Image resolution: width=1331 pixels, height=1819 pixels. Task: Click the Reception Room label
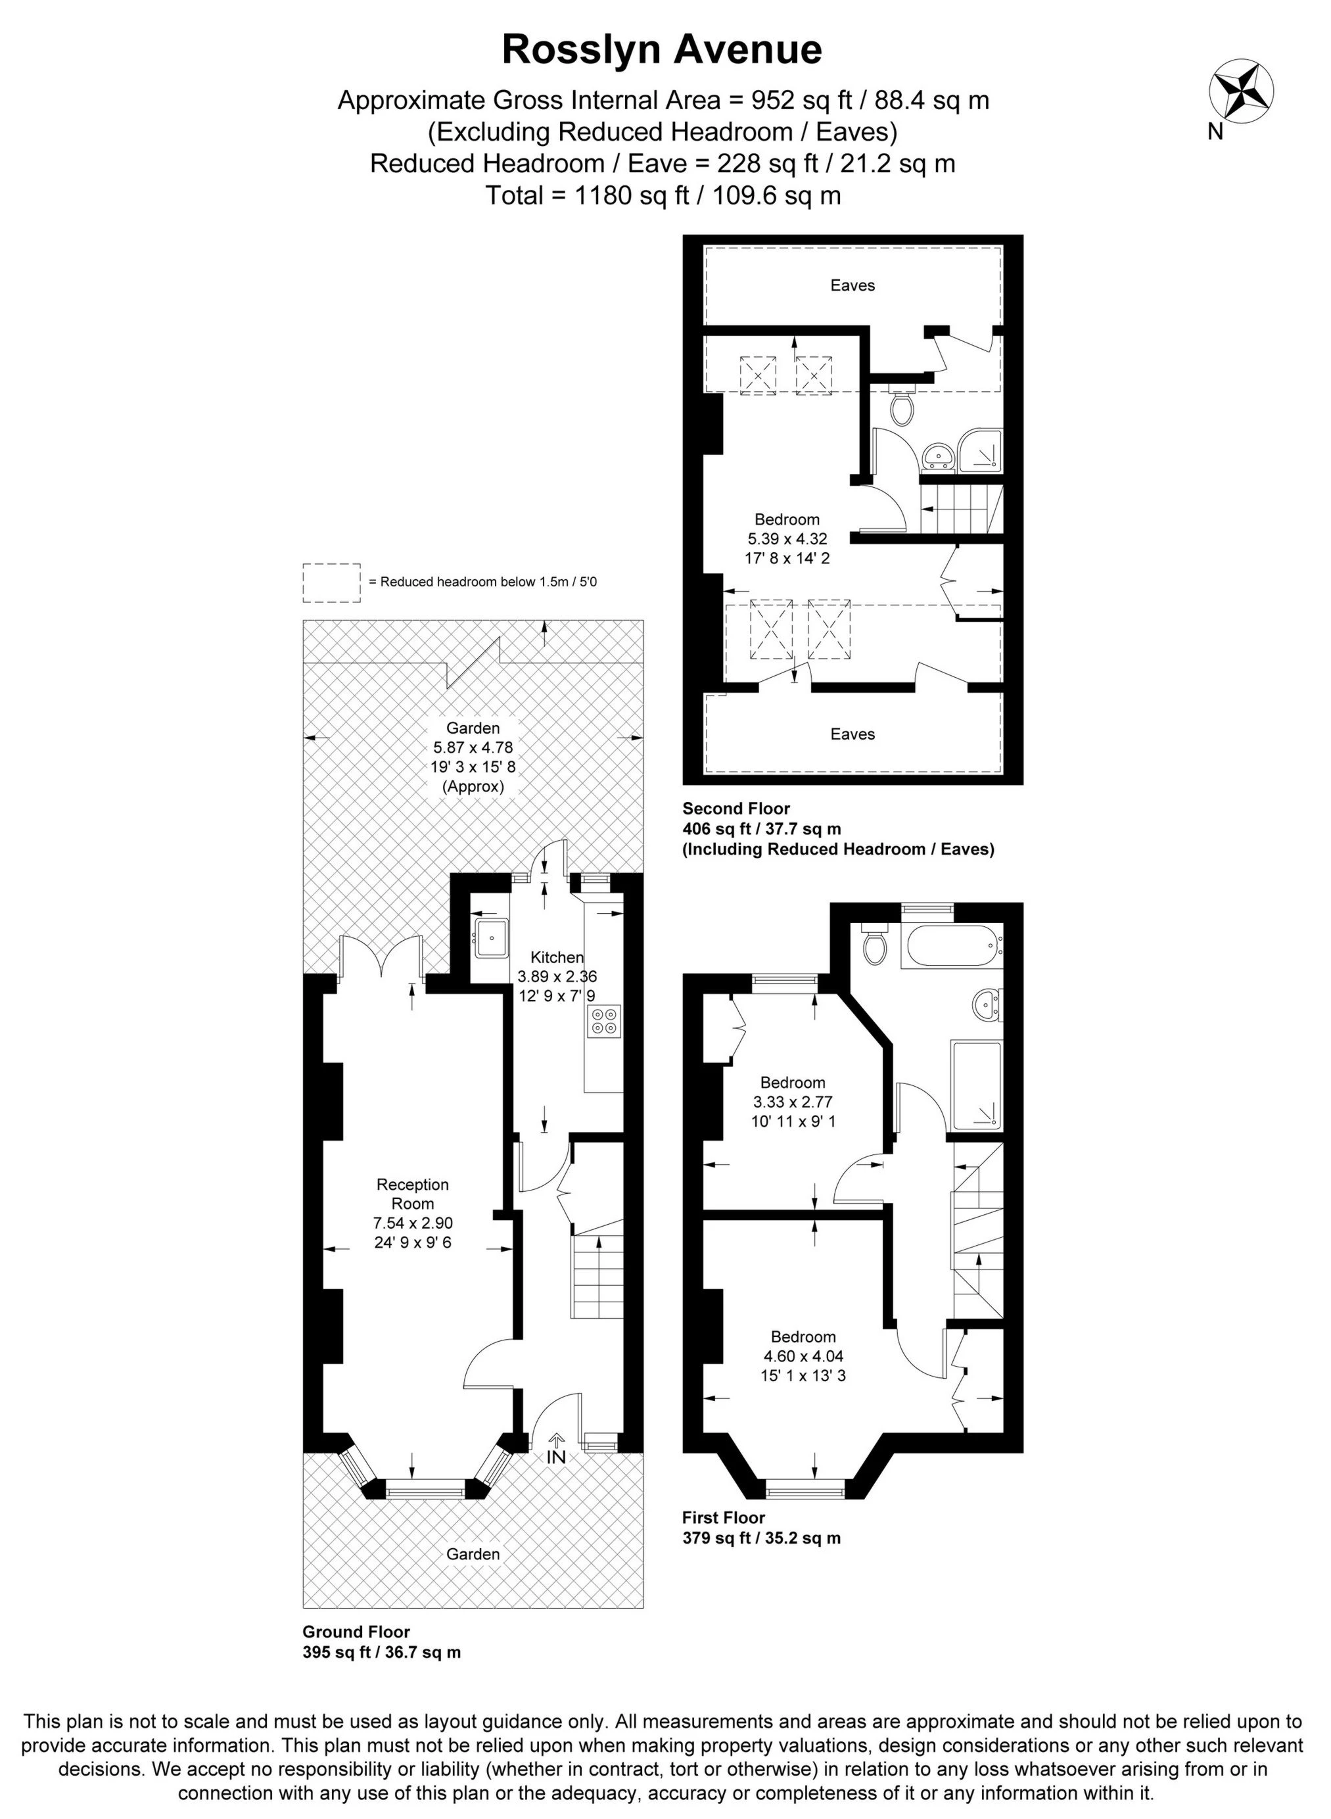[x=413, y=1194]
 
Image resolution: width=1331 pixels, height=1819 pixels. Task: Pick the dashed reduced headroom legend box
[x=331, y=582]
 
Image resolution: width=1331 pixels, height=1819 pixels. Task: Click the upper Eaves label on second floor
[x=852, y=285]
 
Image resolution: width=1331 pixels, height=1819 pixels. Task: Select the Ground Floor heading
[x=356, y=1632]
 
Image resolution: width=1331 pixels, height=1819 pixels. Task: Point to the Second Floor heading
[x=736, y=808]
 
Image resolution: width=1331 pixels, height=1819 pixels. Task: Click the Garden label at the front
[x=473, y=1554]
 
